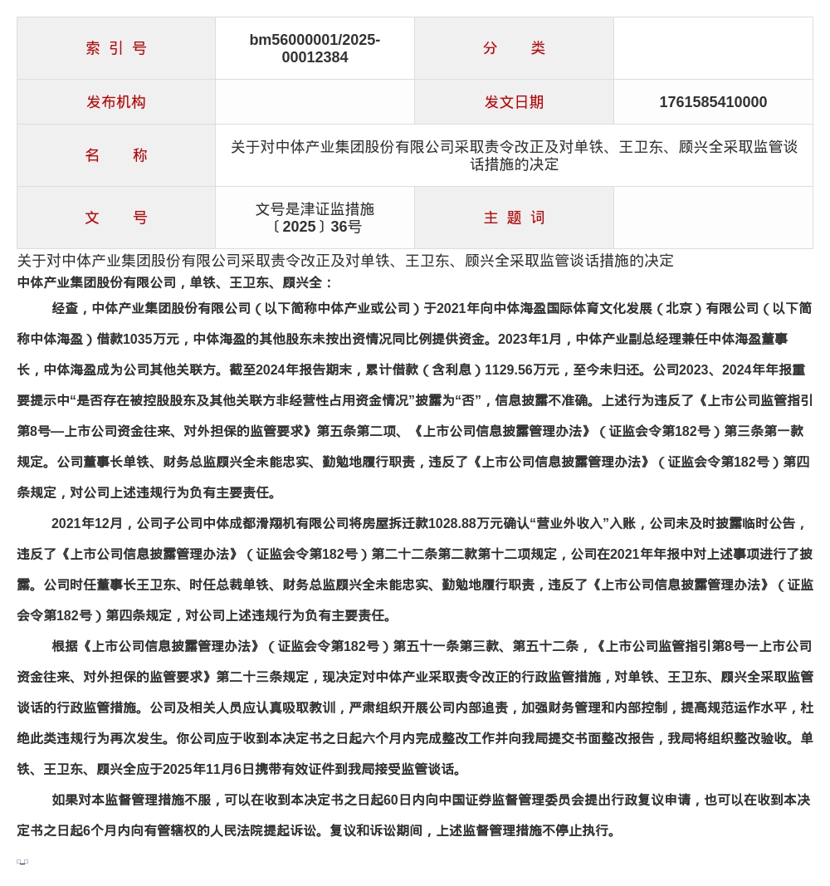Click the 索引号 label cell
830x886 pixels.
(x=116, y=48)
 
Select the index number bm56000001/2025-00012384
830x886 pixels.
(x=315, y=48)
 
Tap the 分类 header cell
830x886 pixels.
(x=514, y=48)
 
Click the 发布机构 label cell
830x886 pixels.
(x=116, y=102)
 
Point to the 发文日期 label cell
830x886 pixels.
(x=514, y=102)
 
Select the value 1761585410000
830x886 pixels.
(x=713, y=102)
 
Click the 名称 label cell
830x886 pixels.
(x=116, y=155)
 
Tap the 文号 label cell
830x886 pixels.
(x=116, y=218)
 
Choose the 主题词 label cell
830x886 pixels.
(x=514, y=218)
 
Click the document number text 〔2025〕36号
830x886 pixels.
(x=315, y=227)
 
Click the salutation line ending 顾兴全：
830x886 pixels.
(x=175, y=282)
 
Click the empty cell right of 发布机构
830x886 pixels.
(x=315, y=102)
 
